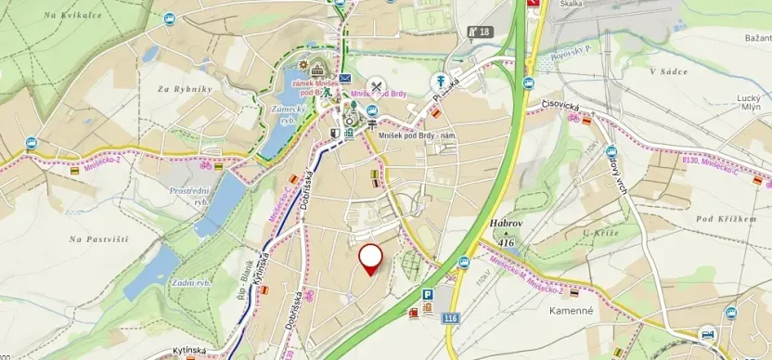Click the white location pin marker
tap(371, 257)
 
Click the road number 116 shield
tap(451, 318)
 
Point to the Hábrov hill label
tap(508, 224)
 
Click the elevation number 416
tap(506, 242)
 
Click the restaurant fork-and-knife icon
tap(377, 87)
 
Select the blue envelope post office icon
tap(345, 79)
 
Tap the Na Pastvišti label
tap(98, 239)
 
